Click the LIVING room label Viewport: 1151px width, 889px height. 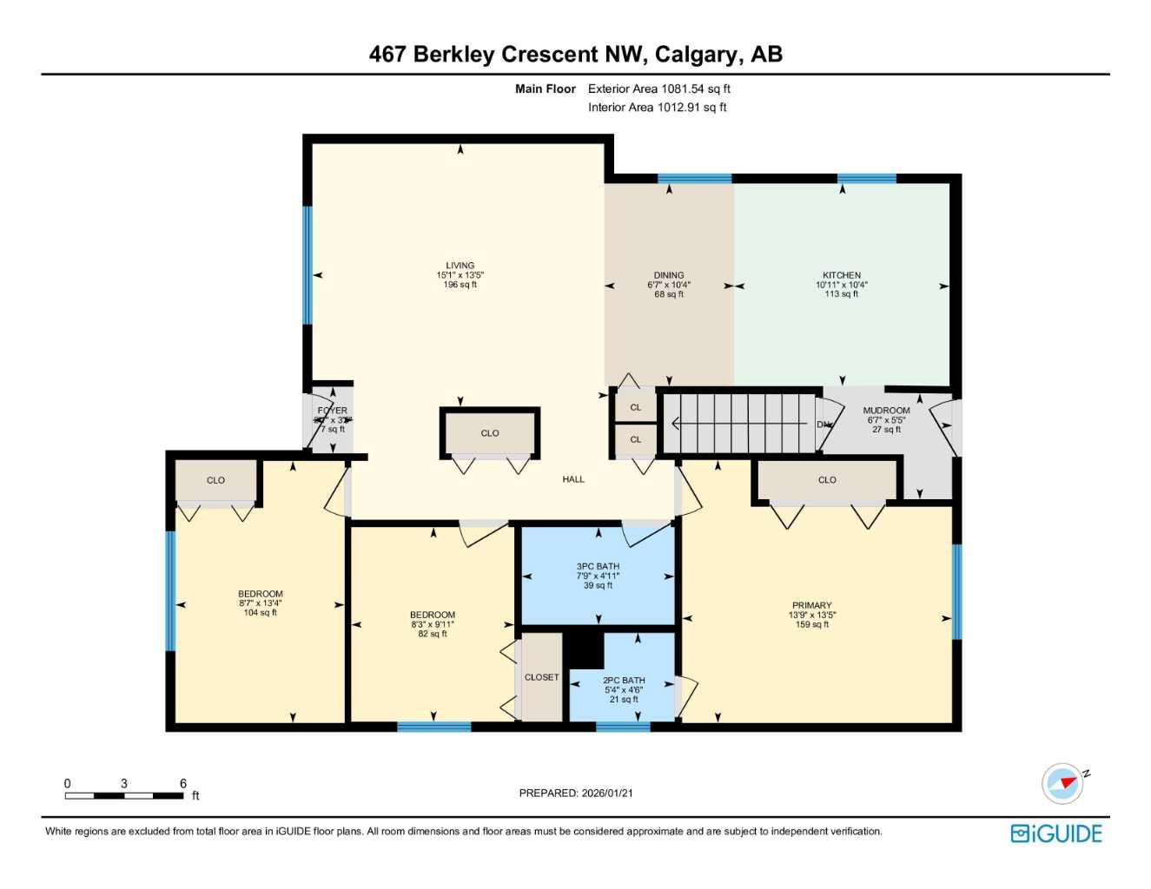click(460, 266)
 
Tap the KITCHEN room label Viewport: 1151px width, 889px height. click(842, 275)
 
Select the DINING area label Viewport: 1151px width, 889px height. click(669, 275)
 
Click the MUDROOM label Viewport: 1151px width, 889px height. click(886, 411)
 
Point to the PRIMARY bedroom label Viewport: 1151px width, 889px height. click(811, 606)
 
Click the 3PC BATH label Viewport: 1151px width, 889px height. click(598, 566)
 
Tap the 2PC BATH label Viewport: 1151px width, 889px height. click(624, 681)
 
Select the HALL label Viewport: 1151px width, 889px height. click(573, 479)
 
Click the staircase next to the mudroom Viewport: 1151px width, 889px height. click(738, 424)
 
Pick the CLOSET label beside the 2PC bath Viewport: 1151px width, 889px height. click(541, 677)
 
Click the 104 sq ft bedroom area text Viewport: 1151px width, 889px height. click(261, 613)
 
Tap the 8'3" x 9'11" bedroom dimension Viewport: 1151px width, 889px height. click(433, 624)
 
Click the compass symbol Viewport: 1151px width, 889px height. click(1064, 783)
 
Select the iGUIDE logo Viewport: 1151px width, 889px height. click(1056, 833)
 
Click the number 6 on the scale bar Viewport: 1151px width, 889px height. click(183, 783)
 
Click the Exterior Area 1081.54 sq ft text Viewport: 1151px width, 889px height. click(659, 89)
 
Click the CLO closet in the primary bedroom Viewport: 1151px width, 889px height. click(827, 480)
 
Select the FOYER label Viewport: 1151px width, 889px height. click(333, 411)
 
